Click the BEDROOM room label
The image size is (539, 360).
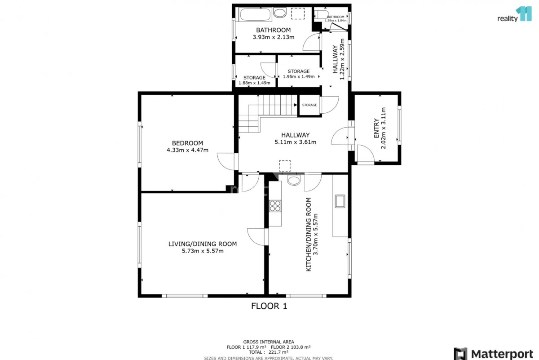tap(187, 143)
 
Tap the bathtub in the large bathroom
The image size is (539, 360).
tap(255, 14)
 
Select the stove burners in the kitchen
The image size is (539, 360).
tap(275, 206)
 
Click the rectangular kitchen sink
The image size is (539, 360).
tap(340, 201)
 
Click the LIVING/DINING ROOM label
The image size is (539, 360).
tap(203, 244)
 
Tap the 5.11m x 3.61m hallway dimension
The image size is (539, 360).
tap(295, 142)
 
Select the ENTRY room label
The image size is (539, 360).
tap(376, 128)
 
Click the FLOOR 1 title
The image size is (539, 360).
tap(269, 306)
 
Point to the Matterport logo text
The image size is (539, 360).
tap(502, 354)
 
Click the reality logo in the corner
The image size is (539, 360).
tap(514, 14)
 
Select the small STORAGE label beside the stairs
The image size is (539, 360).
tap(309, 105)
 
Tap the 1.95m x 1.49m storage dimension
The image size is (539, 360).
tap(299, 76)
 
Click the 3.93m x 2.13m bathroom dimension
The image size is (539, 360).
tap(274, 37)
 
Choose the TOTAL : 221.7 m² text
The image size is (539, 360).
tap(269, 352)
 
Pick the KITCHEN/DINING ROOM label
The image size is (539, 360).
tap(309, 234)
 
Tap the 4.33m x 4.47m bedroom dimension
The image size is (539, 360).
tap(187, 150)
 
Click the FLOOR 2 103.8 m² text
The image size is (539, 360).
tap(291, 347)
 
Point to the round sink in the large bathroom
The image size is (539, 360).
tap(279, 13)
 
